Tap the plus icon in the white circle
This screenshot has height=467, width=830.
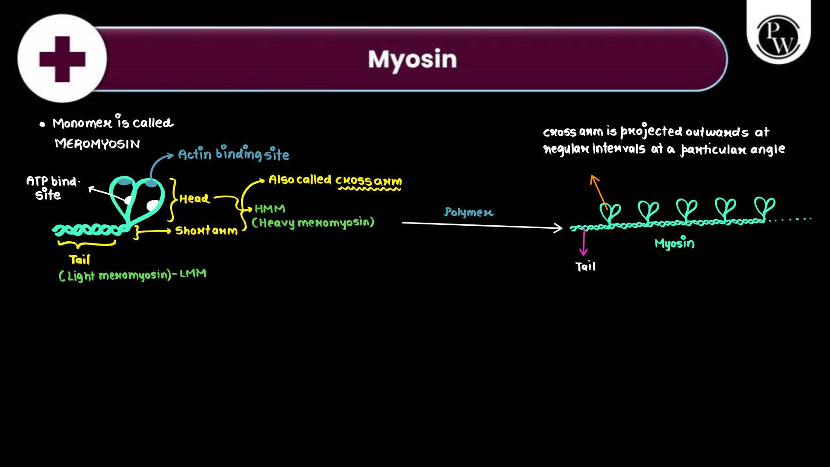pos(62,59)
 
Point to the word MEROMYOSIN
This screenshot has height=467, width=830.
pos(97,143)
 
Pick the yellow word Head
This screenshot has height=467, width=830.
pos(195,198)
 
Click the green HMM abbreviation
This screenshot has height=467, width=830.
pos(270,209)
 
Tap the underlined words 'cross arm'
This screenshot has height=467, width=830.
pos(368,181)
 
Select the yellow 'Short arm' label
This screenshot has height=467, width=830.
pos(207,230)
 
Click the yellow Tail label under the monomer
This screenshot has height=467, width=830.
pos(79,259)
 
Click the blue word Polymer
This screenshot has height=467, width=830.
pos(468,212)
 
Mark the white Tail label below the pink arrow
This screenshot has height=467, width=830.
pos(586,267)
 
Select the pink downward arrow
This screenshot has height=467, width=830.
pos(584,242)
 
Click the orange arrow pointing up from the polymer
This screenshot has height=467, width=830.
pos(599,192)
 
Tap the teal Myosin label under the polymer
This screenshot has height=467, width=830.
pos(675,243)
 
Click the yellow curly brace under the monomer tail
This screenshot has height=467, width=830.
pos(87,243)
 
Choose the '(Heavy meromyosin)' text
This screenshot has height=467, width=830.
pos(313,223)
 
